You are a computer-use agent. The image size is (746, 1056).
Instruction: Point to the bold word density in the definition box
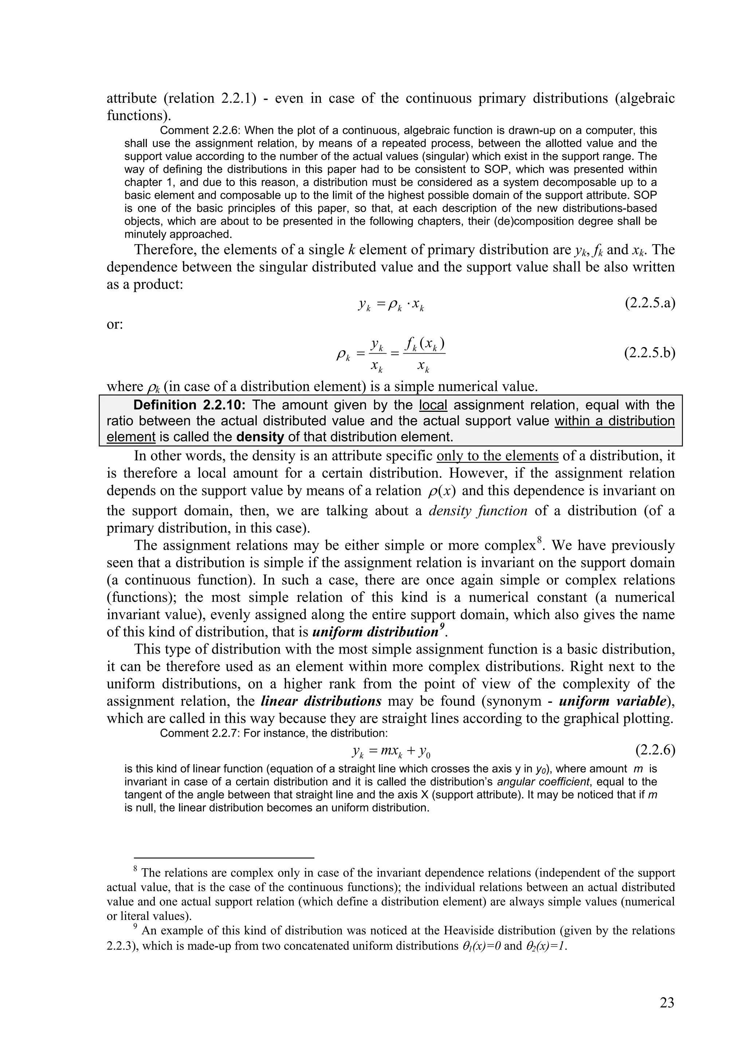point(260,436)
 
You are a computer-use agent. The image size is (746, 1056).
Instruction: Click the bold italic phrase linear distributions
point(321,701)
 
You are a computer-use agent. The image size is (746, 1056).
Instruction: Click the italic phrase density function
point(478,511)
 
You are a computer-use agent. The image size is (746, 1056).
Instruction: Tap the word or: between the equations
point(115,324)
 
